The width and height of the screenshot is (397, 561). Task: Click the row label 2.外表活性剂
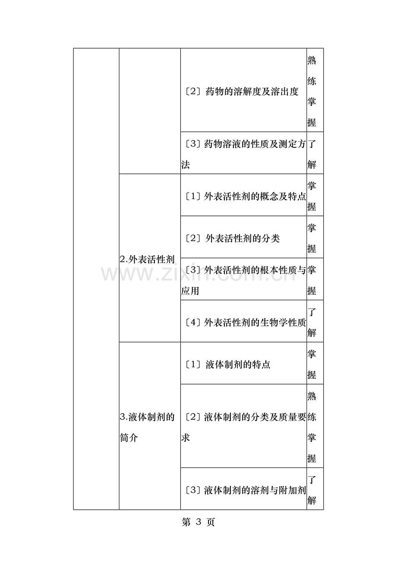pyautogui.click(x=147, y=259)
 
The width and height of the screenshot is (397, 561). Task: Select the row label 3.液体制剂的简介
pyautogui.click(x=147, y=427)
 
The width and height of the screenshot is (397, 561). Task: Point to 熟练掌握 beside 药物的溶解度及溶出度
pyautogui.click(x=312, y=91)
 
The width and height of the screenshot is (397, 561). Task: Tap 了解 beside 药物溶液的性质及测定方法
pyautogui.click(x=312, y=154)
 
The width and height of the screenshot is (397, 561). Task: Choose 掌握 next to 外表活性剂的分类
pyautogui.click(x=312, y=238)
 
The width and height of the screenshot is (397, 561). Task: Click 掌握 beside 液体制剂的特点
pyautogui.click(x=312, y=365)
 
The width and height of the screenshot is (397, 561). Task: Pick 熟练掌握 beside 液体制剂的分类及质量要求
pyautogui.click(x=312, y=427)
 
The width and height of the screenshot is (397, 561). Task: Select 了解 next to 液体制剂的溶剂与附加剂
pyautogui.click(x=312, y=490)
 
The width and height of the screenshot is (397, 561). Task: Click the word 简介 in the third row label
pyautogui.click(x=129, y=438)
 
